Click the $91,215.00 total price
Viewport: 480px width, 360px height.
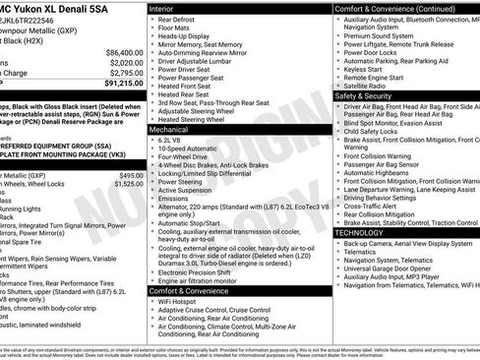[121, 85]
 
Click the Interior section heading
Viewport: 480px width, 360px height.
[162, 7]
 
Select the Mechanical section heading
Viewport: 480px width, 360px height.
[169, 129]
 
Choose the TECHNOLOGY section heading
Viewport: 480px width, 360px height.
[367, 232]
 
